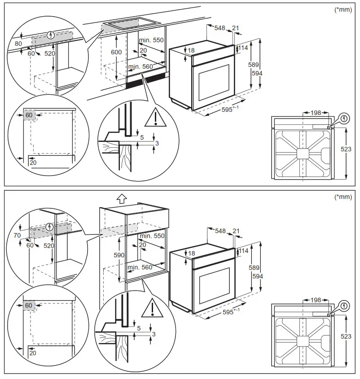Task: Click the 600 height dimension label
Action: pyautogui.click(x=116, y=52)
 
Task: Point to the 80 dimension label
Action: pyautogui.click(x=18, y=44)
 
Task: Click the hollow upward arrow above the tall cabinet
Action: pyautogui.click(x=120, y=198)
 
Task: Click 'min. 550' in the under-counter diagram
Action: pyautogui.click(x=151, y=40)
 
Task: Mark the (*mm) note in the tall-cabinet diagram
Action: pyautogui.click(x=343, y=197)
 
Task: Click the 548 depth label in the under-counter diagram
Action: pyautogui.click(x=220, y=28)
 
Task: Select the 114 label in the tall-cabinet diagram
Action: pyautogui.click(x=243, y=251)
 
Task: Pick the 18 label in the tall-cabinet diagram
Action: pyautogui.click(x=192, y=254)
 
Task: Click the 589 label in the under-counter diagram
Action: pyautogui.click(x=254, y=65)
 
